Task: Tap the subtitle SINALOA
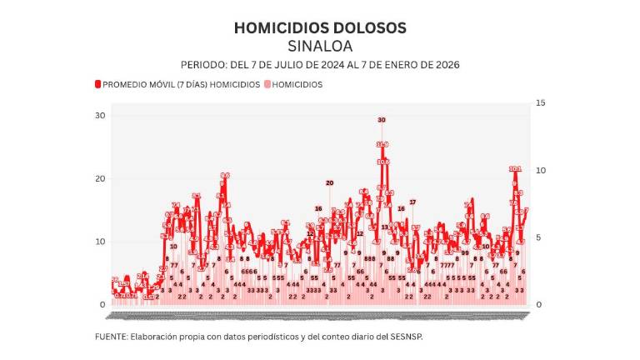pos(320,45)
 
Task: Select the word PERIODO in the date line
pos(202,64)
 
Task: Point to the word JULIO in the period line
pos(288,64)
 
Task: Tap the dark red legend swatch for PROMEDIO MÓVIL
pos(97,84)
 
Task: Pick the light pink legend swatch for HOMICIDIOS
pos(267,84)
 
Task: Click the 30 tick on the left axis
pos(100,115)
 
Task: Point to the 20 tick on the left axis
pos(100,178)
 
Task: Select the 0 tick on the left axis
pos(103,305)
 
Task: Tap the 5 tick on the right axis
pos(538,237)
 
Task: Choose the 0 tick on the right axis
pos(538,305)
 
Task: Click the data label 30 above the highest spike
pos(382,120)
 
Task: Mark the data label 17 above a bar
pos(412,202)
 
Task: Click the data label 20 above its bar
pos(329,182)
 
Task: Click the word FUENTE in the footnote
pos(111,337)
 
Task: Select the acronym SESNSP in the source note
pos(417,337)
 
